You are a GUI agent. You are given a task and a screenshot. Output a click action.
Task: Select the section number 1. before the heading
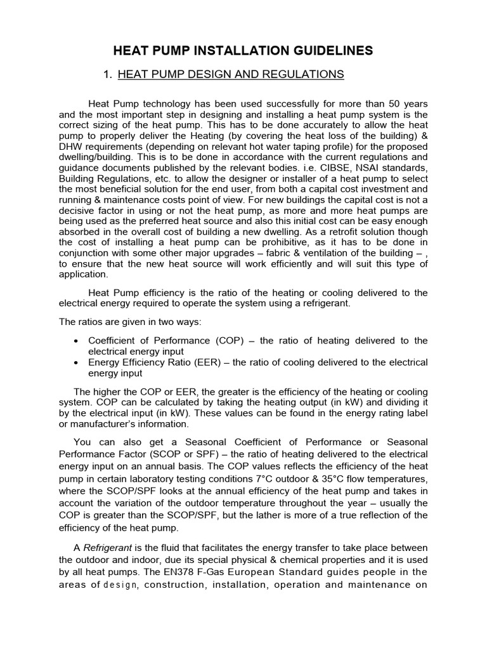107,75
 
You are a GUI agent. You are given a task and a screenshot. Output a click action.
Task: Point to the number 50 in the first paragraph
391,103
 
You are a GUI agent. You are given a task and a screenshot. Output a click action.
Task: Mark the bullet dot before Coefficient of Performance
76,340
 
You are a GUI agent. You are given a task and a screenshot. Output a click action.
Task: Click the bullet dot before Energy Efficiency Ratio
76,362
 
